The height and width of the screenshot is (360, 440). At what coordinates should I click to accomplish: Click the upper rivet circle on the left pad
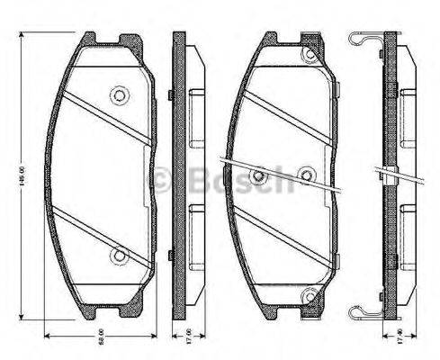click(x=117, y=94)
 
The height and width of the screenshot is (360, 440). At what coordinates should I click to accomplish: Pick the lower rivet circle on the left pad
click(x=117, y=256)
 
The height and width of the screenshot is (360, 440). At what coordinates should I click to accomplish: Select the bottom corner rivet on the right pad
click(x=311, y=292)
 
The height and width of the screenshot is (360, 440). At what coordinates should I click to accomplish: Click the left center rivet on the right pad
click(x=258, y=175)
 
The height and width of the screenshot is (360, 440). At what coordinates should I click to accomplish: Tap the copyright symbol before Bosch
click(x=163, y=180)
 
